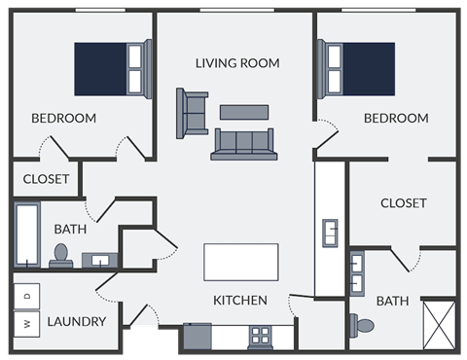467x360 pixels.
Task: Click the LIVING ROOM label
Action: click(x=237, y=63)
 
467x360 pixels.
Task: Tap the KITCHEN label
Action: click(x=240, y=301)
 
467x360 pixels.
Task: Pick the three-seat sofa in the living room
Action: click(x=244, y=144)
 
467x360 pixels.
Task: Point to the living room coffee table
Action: click(x=244, y=112)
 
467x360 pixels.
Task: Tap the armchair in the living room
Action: click(x=192, y=112)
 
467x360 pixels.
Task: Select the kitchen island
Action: click(x=240, y=263)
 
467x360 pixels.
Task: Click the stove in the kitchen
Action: click(x=261, y=337)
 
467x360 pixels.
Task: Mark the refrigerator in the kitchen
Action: click(x=198, y=337)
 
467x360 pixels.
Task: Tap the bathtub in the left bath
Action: click(x=26, y=234)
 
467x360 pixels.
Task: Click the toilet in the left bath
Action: click(x=60, y=256)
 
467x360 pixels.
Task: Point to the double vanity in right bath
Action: click(x=357, y=272)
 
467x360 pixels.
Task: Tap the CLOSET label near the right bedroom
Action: click(x=403, y=203)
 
